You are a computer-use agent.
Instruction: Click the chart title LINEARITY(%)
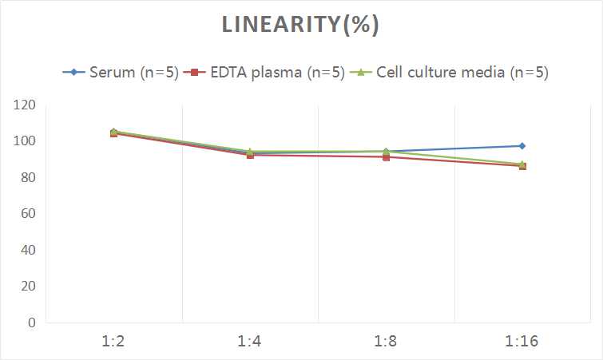[301, 26]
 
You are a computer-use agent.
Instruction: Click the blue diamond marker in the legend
[73, 73]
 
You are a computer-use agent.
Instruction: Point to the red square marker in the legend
[192, 73]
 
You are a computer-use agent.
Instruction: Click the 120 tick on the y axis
[24, 105]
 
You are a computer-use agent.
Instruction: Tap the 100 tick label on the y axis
[24, 141]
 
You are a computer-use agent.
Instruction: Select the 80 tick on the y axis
[27, 177]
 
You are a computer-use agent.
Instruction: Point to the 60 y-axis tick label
[27, 214]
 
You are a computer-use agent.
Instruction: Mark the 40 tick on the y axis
[27, 250]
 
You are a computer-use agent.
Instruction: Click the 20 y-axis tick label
[27, 286]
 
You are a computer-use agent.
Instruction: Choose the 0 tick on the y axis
[31, 322]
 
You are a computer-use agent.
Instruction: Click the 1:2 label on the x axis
[114, 342]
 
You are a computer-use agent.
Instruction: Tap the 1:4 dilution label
[250, 342]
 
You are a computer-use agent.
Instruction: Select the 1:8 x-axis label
[386, 342]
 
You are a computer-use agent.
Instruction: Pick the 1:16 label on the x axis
[522, 342]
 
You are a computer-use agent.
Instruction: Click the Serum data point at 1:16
[522, 146]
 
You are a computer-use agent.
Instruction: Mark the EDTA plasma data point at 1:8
[386, 157]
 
